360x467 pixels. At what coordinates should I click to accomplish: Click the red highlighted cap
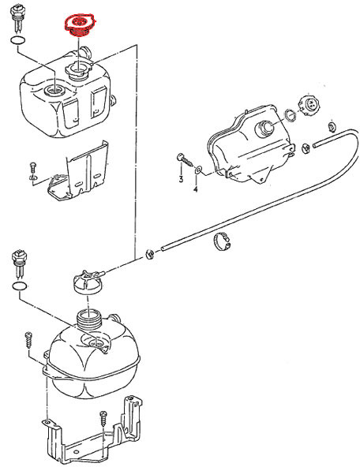[80, 25]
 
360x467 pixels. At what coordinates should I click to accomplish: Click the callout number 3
[181, 179]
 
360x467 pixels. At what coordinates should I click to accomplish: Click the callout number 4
[196, 189]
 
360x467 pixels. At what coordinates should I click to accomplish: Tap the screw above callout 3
[185, 159]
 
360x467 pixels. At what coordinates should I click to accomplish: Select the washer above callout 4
[198, 170]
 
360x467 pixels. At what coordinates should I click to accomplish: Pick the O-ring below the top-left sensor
[18, 40]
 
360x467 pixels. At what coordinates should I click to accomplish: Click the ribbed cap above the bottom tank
[88, 282]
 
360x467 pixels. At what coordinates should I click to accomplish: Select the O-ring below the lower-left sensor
[20, 286]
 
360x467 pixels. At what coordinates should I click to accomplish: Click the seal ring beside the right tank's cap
[290, 115]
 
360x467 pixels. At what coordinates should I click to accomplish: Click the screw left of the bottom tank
[28, 340]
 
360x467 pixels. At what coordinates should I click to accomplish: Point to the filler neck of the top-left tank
[79, 71]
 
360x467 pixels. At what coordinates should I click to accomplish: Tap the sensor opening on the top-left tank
[54, 90]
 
